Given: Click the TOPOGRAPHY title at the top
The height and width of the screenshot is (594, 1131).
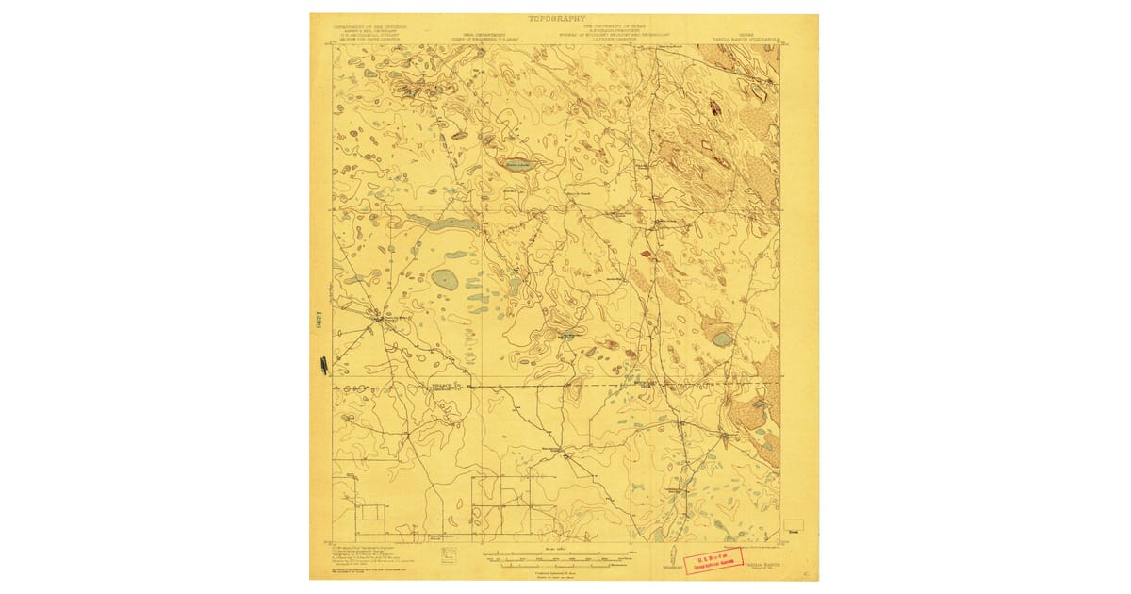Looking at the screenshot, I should coord(557,18).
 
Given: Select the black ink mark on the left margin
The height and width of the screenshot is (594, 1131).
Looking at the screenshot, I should coord(323,363).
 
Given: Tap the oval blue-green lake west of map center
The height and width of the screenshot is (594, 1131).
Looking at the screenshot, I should coord(445,279).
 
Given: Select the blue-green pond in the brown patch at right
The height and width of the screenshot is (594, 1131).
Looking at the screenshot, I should coord(722,338).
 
